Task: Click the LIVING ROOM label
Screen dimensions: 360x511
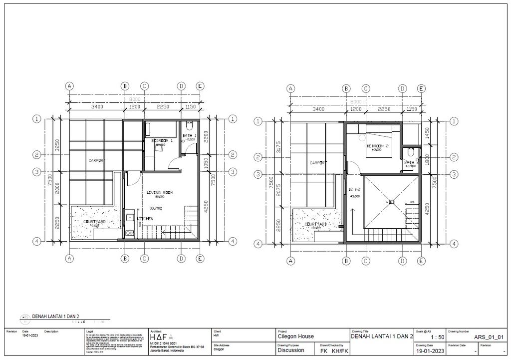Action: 160,192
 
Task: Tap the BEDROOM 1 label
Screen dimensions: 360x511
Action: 162,141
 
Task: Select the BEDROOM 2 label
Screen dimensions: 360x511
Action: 377,146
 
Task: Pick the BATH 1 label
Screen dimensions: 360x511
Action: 189,136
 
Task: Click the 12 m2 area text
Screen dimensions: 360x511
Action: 354,190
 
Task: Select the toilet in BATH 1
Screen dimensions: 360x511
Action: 189,126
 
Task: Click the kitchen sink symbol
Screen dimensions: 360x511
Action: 129,217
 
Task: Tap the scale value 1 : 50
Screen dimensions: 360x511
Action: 431,337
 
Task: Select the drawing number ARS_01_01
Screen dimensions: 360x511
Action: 492,337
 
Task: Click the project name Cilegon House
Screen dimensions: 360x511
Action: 295,337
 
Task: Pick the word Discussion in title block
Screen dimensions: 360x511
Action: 291,350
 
